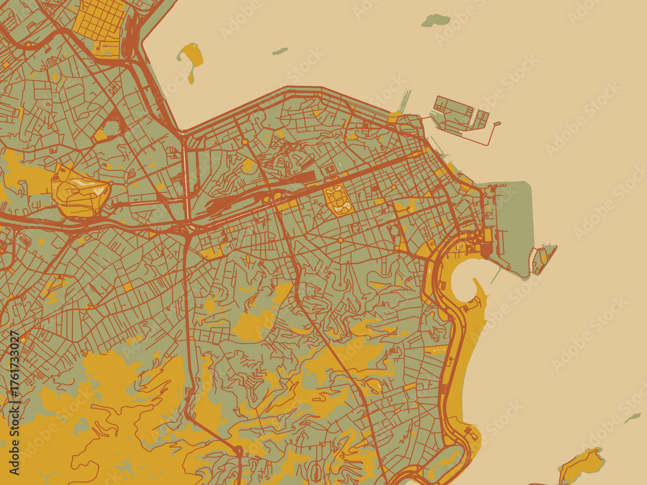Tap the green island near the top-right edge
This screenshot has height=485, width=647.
[x=435, y=20]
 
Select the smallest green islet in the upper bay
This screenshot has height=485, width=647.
[x=280, y=51]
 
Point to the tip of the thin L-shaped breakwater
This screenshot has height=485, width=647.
[x=498, y=124]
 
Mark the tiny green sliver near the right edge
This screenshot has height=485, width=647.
[x=632, y=418]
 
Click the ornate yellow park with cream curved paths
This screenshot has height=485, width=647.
[x=337, y=199]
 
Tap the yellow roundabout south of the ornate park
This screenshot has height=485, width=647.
[x=340, y=241]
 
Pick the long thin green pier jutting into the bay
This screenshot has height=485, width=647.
[x=404, y=101]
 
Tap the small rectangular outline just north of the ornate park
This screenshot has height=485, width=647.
[x=331, y=170]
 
